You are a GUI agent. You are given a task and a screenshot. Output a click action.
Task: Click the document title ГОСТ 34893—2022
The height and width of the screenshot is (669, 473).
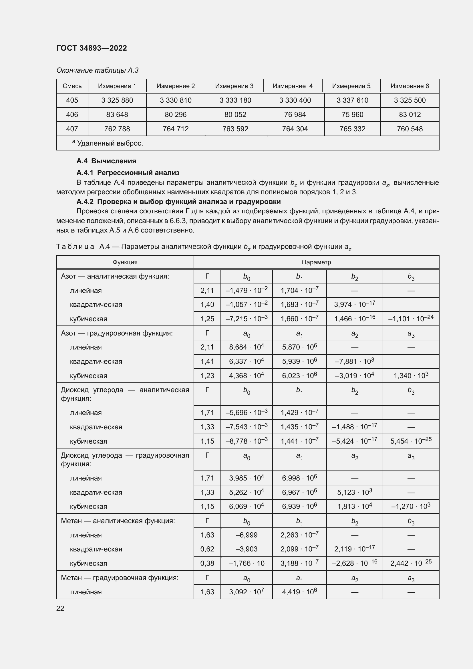[92, 48]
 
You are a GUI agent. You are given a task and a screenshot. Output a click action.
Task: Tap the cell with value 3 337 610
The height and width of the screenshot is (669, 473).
[352, 100]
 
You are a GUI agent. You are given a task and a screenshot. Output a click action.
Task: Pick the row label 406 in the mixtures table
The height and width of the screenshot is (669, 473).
[72, 114]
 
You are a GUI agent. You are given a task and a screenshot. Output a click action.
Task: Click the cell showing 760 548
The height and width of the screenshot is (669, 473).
[410, 129]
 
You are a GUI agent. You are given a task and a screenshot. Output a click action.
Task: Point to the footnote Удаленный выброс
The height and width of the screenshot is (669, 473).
[110, 143]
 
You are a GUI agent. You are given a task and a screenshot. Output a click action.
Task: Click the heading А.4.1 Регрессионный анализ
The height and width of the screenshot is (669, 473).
[128, 173]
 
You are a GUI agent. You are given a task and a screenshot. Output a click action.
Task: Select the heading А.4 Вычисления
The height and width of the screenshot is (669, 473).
[106, 161]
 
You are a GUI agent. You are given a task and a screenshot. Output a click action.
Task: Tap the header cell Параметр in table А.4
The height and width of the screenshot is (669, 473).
[316, 262]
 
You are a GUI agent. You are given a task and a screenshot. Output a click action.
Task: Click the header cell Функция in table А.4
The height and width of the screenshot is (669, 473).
[125, 262]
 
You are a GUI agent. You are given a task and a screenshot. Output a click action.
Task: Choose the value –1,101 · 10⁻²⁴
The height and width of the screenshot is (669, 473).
[411, 318]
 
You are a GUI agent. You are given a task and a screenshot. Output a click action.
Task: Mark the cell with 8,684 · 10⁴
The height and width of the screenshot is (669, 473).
[247, 347]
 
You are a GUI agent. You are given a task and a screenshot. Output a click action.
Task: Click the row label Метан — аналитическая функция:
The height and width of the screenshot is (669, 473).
[118, 521]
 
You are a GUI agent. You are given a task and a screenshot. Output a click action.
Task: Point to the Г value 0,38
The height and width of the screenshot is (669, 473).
[207, 563]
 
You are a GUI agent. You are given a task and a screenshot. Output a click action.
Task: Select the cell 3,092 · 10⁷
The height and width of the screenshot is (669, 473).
[247, 592]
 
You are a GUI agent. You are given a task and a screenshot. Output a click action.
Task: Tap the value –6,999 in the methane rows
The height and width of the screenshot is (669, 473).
[247, 535]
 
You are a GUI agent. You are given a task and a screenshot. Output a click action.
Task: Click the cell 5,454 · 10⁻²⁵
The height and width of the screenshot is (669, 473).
[411, 441]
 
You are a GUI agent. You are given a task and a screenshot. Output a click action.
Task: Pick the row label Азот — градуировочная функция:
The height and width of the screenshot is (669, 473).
[116, 333]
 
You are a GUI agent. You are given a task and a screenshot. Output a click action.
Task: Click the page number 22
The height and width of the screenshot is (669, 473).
[60, 608]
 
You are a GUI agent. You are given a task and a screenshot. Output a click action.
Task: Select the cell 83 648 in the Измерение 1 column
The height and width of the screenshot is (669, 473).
[117, 114]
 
